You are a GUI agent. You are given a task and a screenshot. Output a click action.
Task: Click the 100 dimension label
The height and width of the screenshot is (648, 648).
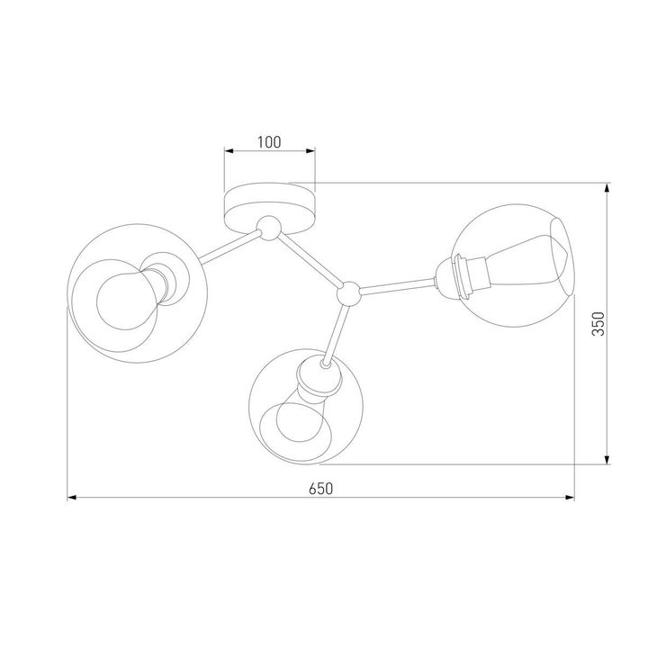click(269, 141)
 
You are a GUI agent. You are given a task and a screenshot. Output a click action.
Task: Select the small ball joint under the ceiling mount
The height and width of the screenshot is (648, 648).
click(267, 228)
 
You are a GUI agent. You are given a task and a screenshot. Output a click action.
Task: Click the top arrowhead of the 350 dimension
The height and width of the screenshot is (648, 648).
click(609, 190)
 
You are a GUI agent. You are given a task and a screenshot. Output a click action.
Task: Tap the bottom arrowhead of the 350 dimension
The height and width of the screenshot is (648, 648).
click(609, 459)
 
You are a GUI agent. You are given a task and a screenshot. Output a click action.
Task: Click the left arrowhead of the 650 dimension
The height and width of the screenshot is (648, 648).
click(73, 497)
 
